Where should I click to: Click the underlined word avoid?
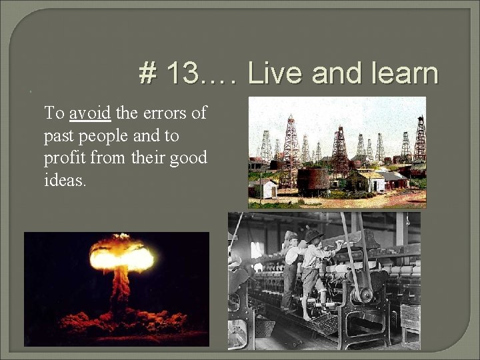tap(89, 113)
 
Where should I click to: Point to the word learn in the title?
tap(399, 74)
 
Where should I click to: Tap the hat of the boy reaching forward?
tap(313, 235)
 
